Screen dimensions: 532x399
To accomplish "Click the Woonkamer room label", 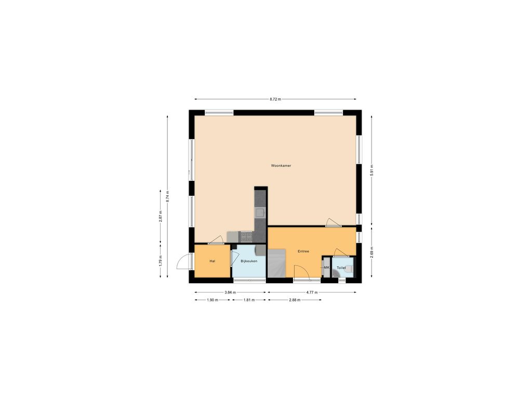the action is [281, 166].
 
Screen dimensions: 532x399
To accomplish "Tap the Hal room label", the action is [212, 261].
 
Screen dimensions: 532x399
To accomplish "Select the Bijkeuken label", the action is [249, 261].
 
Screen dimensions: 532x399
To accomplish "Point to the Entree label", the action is [303, 251].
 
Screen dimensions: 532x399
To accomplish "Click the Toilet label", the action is [341, 268].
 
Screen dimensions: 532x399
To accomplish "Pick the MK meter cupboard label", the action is [327, 268].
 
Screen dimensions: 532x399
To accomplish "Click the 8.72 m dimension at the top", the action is [275, 99].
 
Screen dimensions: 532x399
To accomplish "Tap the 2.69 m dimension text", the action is [371, 252].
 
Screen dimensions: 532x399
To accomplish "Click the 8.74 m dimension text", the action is [167, 197].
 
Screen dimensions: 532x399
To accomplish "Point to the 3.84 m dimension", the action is [230, 292].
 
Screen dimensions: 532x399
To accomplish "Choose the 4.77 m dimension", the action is [312, 292].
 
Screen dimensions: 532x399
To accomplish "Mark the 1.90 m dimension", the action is [212, 300].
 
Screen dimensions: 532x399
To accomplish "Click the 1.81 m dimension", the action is [249, 300].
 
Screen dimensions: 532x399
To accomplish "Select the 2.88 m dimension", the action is [295, 300].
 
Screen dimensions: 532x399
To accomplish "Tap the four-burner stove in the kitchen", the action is [246, 236].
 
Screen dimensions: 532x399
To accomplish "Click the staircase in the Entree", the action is [277, 263].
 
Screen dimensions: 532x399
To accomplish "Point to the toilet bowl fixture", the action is [349, 270].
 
